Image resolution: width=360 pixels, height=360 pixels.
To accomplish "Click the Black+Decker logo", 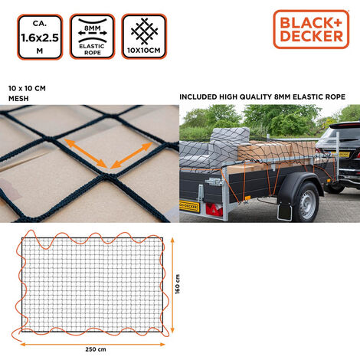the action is pyautogui.click(x=311, y=29).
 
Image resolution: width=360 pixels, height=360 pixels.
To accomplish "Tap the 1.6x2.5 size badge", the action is pyautogui.click(x=40, y=37).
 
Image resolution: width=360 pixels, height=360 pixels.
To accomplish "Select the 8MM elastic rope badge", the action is pyautogui.click(x=92, y=37).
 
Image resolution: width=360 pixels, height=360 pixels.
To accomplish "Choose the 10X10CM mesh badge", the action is pyautogui.click(x=144, y=37).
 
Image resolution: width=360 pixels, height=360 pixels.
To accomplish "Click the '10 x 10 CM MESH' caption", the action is pyautogui.click(x=27, y=93).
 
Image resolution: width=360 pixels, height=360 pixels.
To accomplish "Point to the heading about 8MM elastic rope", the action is pyautogui.click(x=262, y=97).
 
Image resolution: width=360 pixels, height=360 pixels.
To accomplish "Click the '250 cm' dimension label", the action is pyautogui.click(x=96, y=349).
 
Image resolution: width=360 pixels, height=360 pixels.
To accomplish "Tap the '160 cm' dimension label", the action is pyautogui.click(x=178, y=284).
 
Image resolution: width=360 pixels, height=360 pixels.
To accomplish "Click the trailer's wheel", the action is pyautogui.click(x=306, y=202).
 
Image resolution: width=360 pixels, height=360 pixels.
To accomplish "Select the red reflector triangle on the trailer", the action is pyautogui.click(x=214, y=209).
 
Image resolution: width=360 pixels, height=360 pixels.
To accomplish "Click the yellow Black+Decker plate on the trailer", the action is pyautogui.click(x=189, y=206).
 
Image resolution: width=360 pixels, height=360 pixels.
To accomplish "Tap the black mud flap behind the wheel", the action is pyautogui.click(x=284, y=211).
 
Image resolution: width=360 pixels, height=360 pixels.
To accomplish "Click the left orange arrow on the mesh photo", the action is pyautogui.click(x=85, y=153).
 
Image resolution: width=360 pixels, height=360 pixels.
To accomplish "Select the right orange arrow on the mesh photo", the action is pyautogui.click(x=131, y=155).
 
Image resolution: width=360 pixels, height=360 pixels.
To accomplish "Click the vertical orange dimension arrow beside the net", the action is pyautogui.click(x=172, y=285).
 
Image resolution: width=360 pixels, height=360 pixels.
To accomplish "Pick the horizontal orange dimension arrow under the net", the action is pyautogui.click(x=93, y=345).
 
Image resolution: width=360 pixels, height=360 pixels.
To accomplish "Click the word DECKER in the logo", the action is pyautogui.click(x=312, y=36).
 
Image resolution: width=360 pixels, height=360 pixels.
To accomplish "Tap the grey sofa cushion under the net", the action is pyautogui.click(x=229, y=142).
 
